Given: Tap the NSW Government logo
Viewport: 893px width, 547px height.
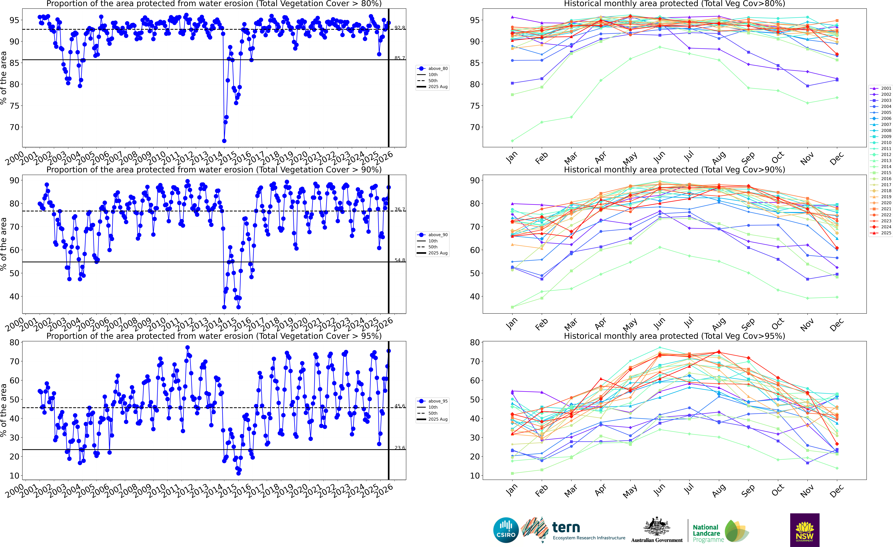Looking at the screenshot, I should [805, 530].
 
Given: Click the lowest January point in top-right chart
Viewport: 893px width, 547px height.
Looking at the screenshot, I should [512, 141].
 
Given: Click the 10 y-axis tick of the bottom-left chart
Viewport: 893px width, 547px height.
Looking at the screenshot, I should [14, 476].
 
